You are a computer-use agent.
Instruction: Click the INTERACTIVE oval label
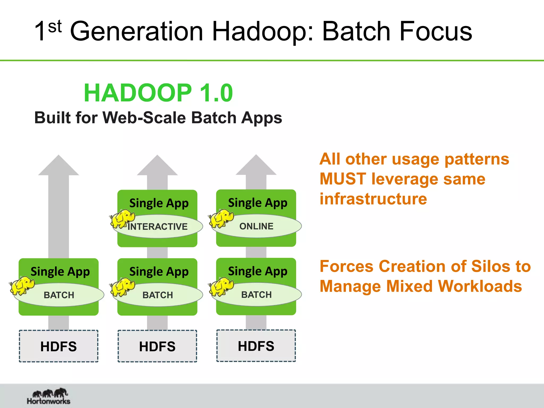(158, 227)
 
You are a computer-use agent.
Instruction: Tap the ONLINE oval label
(257, 226)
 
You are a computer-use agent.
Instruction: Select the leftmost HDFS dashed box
(59, 346)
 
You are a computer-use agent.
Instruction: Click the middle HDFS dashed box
(157, 346)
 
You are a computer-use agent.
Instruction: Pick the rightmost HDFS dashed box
(256, 346)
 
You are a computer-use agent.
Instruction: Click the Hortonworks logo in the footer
(49, 396)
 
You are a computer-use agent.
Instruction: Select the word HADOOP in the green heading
(138, 93)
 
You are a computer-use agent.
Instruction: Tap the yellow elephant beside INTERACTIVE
(122, 219)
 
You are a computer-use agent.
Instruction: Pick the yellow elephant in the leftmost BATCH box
(22, 286)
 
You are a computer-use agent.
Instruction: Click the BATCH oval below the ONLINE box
(257, 295)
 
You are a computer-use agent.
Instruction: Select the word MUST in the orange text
(343, 179)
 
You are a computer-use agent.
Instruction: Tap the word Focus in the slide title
(436, 31)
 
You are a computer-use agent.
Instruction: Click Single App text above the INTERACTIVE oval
(159, 203)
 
